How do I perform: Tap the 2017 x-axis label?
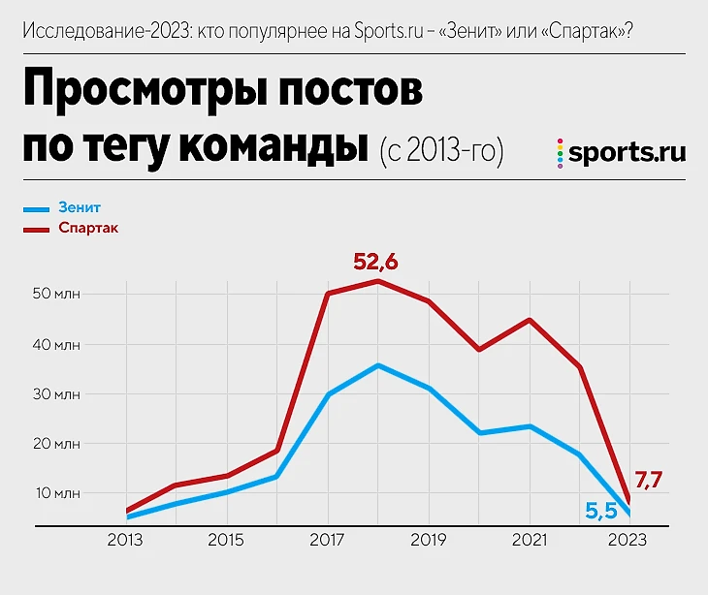pyautogui.click(x=328, y=540)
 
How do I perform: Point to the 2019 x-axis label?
pyautogui.click(x=429, y=540)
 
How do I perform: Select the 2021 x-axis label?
pyautogui.click(x=530, y=540)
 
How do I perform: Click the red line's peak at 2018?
pyautogui.click(x=378, y=281)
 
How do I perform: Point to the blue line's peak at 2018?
pyautogui.click(x=378, y=365)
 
